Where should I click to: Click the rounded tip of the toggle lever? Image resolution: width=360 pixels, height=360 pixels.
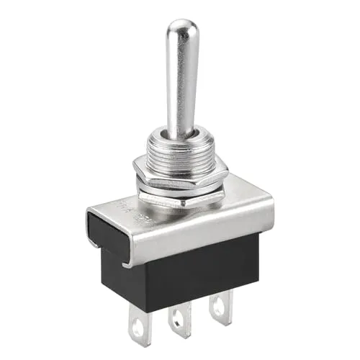point(181,30)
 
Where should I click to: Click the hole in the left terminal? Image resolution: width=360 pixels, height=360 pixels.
point(136,330)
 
